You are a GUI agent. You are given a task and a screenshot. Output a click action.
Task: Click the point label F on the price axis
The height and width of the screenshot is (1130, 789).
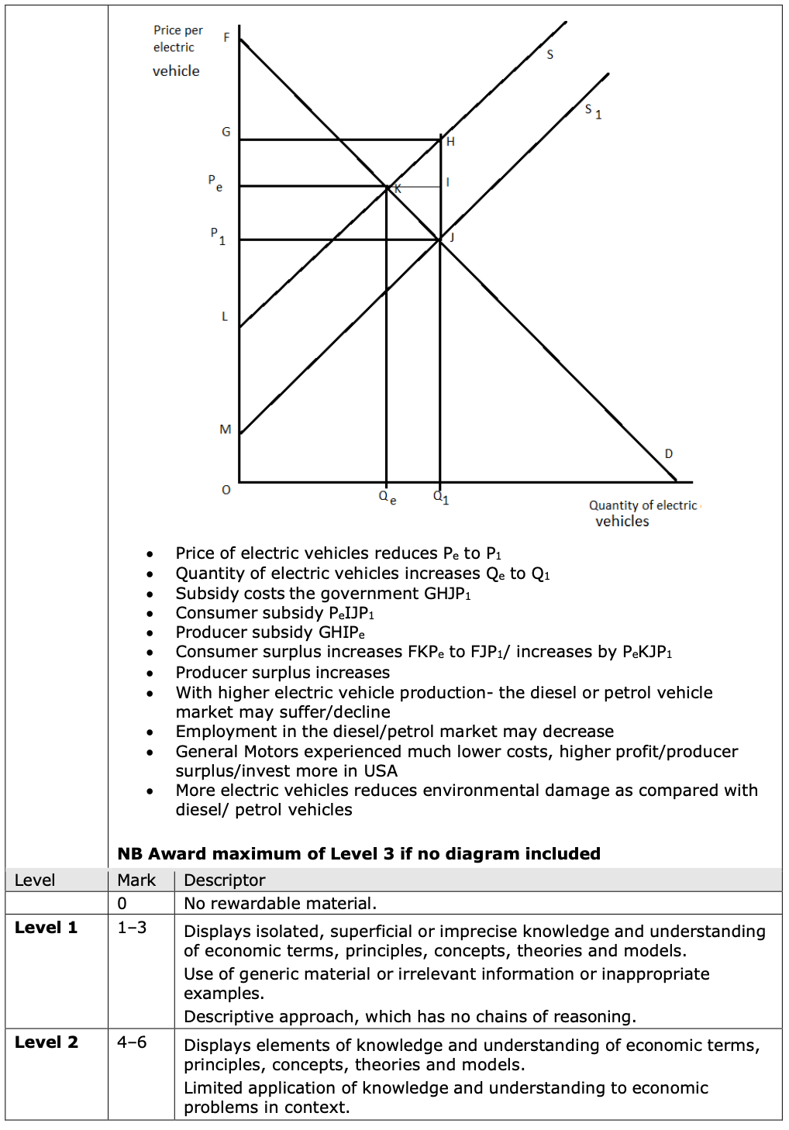pyautogui.click(x=226, y=37)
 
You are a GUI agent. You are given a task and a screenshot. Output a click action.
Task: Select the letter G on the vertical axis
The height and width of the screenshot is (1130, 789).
pyautogui.click(x=226, y=132)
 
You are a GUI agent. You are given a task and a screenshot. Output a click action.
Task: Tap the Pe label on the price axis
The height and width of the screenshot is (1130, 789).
pyautogui.click(x=215, y=183)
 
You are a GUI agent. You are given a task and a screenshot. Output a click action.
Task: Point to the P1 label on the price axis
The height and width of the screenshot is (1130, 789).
pyautogui.click(x=217, y=236)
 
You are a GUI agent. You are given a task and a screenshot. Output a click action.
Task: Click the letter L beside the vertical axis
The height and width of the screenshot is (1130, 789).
pyautogui.click(x=225, y=316)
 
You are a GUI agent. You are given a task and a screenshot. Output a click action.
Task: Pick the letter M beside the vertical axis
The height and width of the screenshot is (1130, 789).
pyautogui.click(x=225, y=429)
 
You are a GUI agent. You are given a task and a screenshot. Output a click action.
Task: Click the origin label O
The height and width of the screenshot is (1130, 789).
pyautogui.click(x=226, y=490)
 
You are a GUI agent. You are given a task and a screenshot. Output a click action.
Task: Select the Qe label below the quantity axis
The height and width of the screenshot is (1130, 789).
pyautogui.click(x=387, y=497)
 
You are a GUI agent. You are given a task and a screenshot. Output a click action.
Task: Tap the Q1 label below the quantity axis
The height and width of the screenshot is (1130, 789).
pyautogui.click(x=441, y=497)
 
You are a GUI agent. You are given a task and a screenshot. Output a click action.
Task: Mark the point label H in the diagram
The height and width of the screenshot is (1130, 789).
pyautogui.click(x=450, y=142)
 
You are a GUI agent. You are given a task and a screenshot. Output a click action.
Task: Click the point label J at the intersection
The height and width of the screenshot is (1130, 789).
pyautogui.click(x=452, y=236)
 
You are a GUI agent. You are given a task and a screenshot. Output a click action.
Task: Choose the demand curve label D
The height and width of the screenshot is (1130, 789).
pyautogui.click(x=669, y=453)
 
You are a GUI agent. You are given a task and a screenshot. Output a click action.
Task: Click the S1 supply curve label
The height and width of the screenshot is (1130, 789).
pyautogui.click(x=593, y=111)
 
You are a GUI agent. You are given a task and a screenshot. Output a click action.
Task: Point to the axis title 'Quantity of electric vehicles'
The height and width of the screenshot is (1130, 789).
pyautogui.click(x=643, y=513)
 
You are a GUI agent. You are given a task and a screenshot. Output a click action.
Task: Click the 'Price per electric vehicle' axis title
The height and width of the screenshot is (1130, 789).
pyautogui.click(x=177, y=50)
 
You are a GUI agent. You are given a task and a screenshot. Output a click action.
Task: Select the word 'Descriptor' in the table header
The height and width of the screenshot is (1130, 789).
pyautogui.click(x=225, y=880)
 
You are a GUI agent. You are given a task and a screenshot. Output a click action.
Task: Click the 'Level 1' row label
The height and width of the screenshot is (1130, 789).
pyautogui.click(x=47, y=927)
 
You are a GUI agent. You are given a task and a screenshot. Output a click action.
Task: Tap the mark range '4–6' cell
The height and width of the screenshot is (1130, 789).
pyautogui.click(x=132, y=1042)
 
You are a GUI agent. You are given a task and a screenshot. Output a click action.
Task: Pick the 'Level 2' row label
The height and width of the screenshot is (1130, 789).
pyautogui.click(x=47, y=1042)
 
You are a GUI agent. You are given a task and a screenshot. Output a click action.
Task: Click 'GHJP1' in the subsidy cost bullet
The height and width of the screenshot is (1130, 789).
pyautogui.click(x=447, y=594)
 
